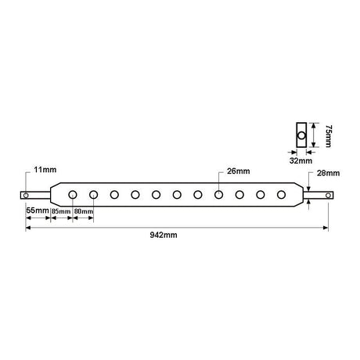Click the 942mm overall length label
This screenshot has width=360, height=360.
(164, 235)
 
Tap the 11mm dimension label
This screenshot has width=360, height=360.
(45, 170)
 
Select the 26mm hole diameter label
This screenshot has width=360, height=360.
(238, 171)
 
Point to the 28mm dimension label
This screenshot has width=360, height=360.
(328, 173)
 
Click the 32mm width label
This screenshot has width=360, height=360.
(301, 160)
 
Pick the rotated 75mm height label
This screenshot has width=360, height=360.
(329, 136)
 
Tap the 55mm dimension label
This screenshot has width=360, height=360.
(38, 210)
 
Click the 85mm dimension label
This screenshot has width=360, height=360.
(61, 211)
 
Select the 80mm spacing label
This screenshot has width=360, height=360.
(84, 211)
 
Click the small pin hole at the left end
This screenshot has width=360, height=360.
(26, 195)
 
